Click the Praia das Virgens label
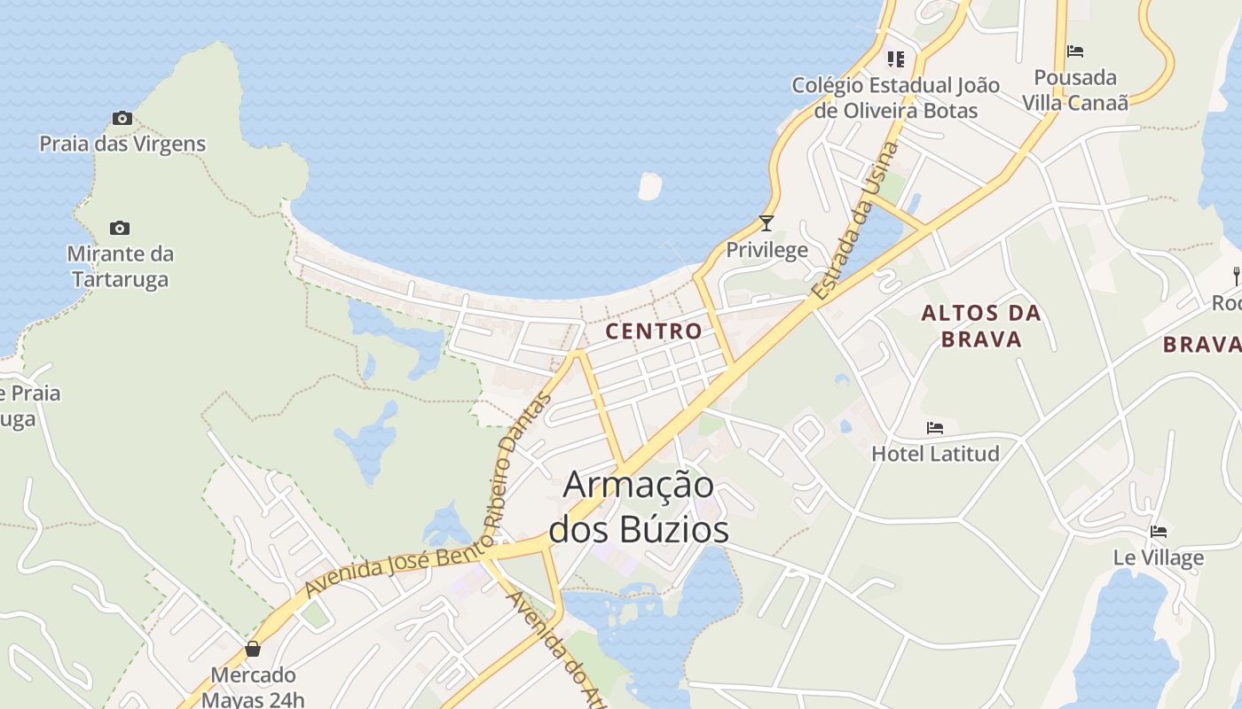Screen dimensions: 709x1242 (x=122, y=144)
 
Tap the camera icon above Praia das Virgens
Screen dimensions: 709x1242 (x=122, y=118)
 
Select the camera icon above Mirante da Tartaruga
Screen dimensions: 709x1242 (x=120, y=228)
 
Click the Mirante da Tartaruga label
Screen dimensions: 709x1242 (x=120, y=267)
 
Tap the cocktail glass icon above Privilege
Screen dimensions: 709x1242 (x=766, y=223)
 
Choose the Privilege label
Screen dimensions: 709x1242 (x=767, y=250)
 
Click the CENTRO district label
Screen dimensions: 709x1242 (x=654, y=331)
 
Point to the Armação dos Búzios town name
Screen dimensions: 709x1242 (x=639, y=508)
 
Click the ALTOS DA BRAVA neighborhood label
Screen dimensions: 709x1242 (x=981, y=325)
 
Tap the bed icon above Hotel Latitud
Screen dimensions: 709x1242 (x=935, y=428)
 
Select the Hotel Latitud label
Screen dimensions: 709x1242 (x=935, y=454)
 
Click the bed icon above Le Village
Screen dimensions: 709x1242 (x=1159, y=532)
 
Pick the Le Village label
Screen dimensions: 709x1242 (x=1159, y=557)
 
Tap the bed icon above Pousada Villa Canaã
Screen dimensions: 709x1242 (x=1075, y=51)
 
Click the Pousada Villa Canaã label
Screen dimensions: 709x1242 (x=1075, y=90)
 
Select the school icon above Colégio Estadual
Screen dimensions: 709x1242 (x=896, y=59)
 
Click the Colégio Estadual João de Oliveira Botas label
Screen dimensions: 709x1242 (x=896, y=97)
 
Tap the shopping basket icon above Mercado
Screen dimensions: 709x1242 (x=253, y=650)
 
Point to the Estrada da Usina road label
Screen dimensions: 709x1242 (x=855, y=222)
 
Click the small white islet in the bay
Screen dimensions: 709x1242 (x=649, y=185)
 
